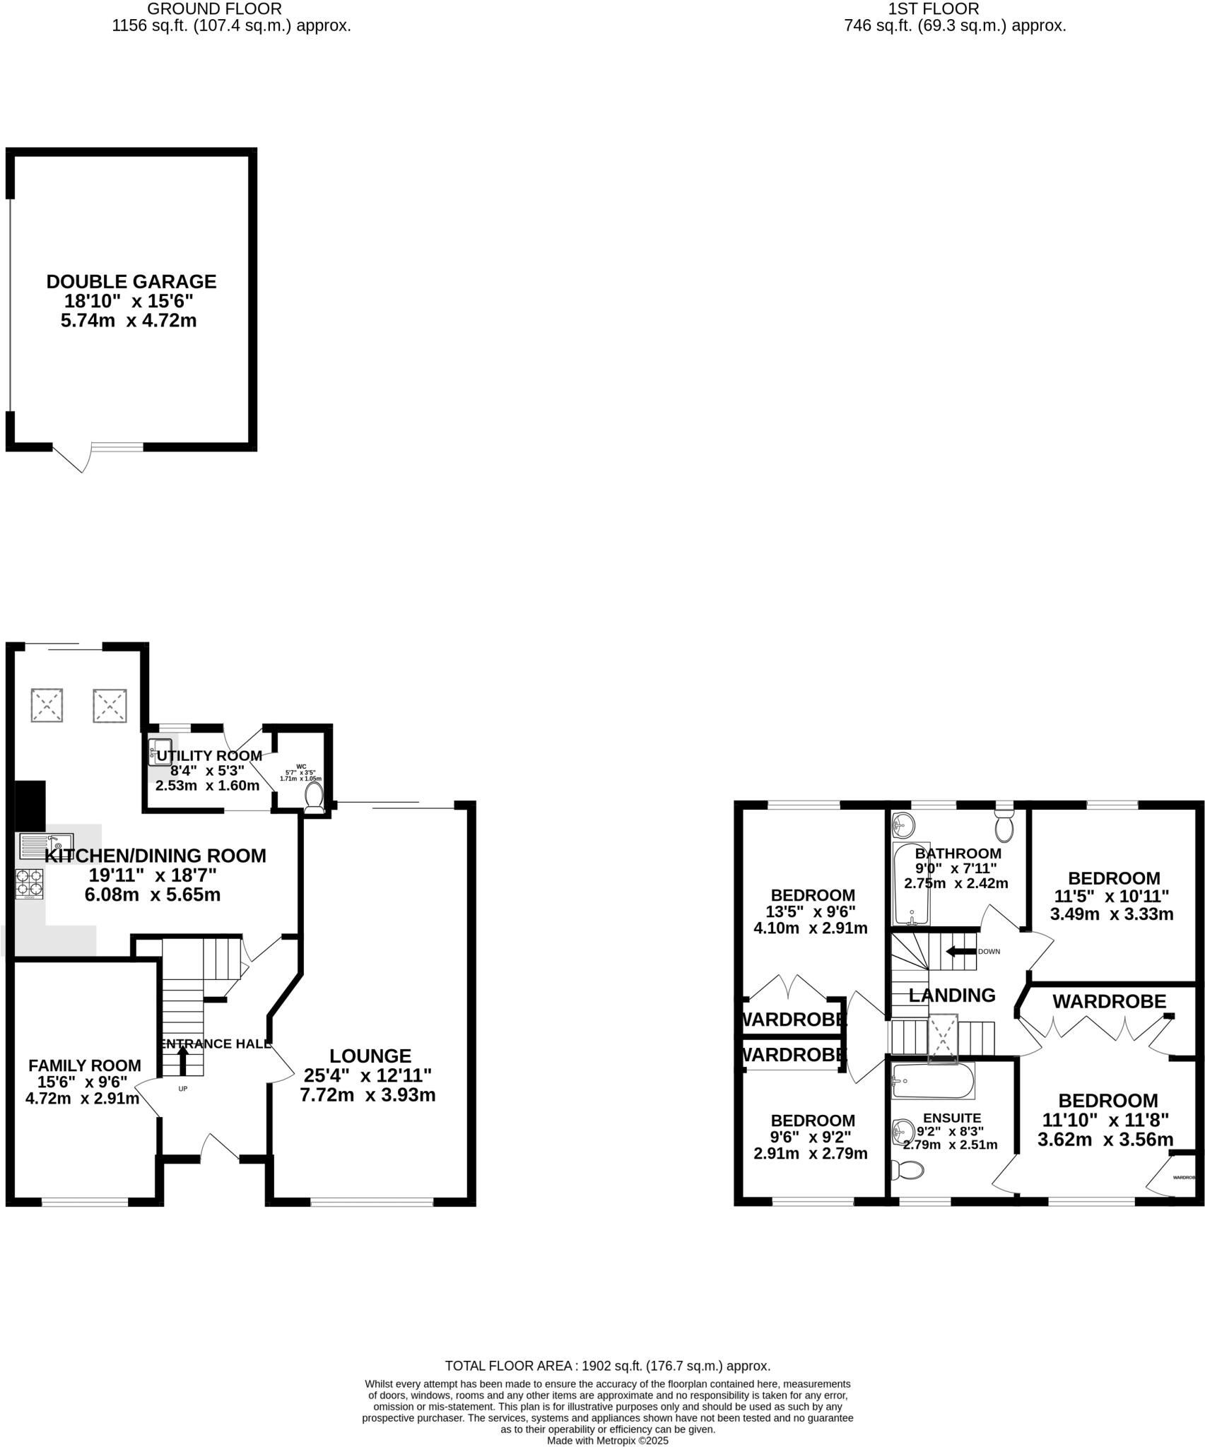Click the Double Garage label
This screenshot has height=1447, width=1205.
tap(131, 281)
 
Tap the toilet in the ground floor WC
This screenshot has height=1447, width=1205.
tap(313, 796)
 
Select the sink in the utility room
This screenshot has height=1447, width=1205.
tap(160, 751)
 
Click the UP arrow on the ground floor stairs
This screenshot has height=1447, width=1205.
tap(182, 1060)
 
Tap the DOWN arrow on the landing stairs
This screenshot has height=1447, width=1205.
tap(960, 951)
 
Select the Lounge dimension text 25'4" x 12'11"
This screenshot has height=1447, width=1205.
tap(368, 1075)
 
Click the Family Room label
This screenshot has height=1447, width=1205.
tap(85, 1065)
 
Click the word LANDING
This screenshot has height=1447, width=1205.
tap(952, 996)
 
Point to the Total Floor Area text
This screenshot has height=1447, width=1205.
tap(607, 1366)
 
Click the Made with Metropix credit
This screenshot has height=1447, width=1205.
tap(607, 1440)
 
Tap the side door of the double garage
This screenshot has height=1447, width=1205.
tap(73, 458)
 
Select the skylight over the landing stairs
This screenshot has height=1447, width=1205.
tap(943, 1037)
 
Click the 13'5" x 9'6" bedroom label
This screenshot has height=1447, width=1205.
tap(811, 911)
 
